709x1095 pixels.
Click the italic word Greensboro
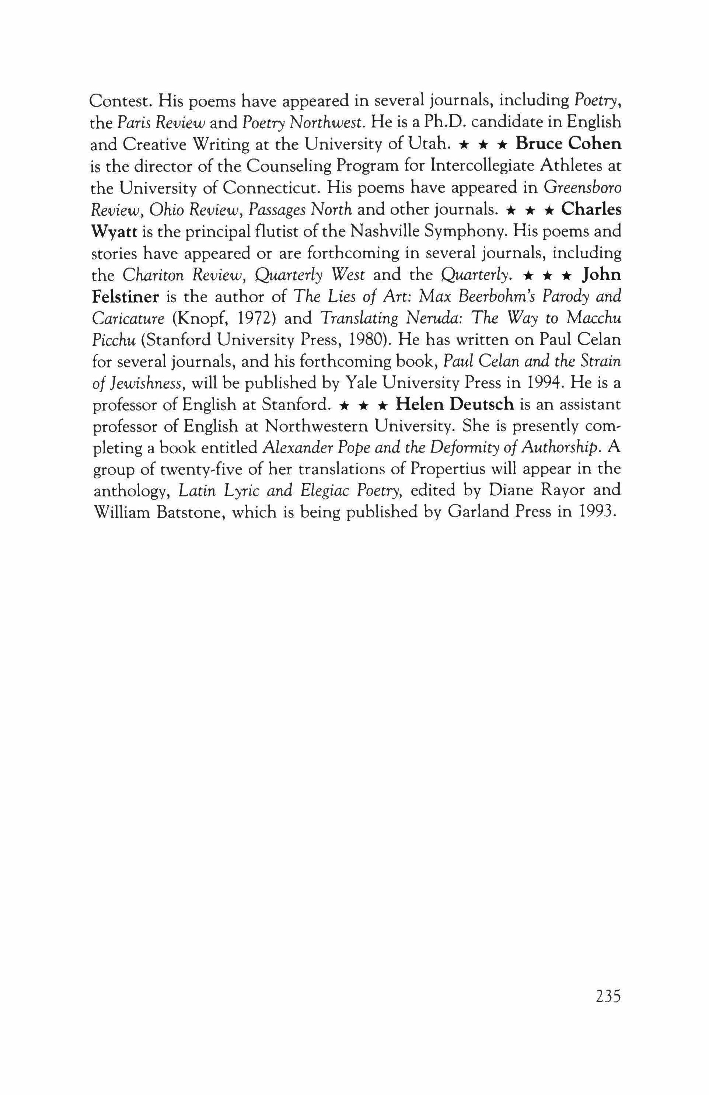(583, 188)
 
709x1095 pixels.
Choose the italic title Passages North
(300, 209)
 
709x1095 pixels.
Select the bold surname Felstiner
(126, 296)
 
